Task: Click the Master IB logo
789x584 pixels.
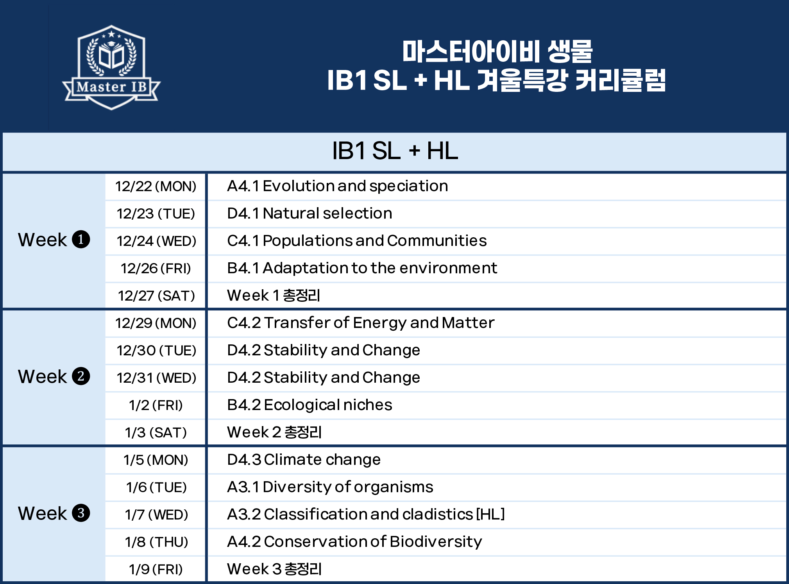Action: (x=111, y=67)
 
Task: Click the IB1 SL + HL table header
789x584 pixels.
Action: (x=395, y=151)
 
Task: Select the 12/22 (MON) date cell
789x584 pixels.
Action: (x=156, y=186)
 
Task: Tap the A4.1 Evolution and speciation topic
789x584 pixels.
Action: (x=337, y=186)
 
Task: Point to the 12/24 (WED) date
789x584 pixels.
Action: (x=156, y=241)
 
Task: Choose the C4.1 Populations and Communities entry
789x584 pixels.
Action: (x=357, y=241)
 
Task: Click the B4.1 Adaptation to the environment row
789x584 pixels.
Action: (x=362, y=268)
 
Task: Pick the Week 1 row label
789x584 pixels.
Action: (x=54, y=240)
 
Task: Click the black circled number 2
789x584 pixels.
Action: (x=81, y=376)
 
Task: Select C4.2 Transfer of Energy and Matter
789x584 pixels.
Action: (x=361, y=323)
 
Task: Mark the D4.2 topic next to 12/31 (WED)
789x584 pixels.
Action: (x=324, y=378)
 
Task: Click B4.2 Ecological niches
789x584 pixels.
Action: (x=310, y=405)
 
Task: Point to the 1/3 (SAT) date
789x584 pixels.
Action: (x=156, y=433)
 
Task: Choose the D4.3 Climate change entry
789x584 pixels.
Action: (x=304, y=460)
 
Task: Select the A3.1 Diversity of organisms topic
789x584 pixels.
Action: (x=330, y=487)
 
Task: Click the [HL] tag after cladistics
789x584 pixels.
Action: (x=490, y=514)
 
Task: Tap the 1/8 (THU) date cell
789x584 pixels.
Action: (x=156, y=542)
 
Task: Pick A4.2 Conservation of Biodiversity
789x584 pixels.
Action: (x=354, y=542)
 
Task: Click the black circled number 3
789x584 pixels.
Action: (x=81, y=513)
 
